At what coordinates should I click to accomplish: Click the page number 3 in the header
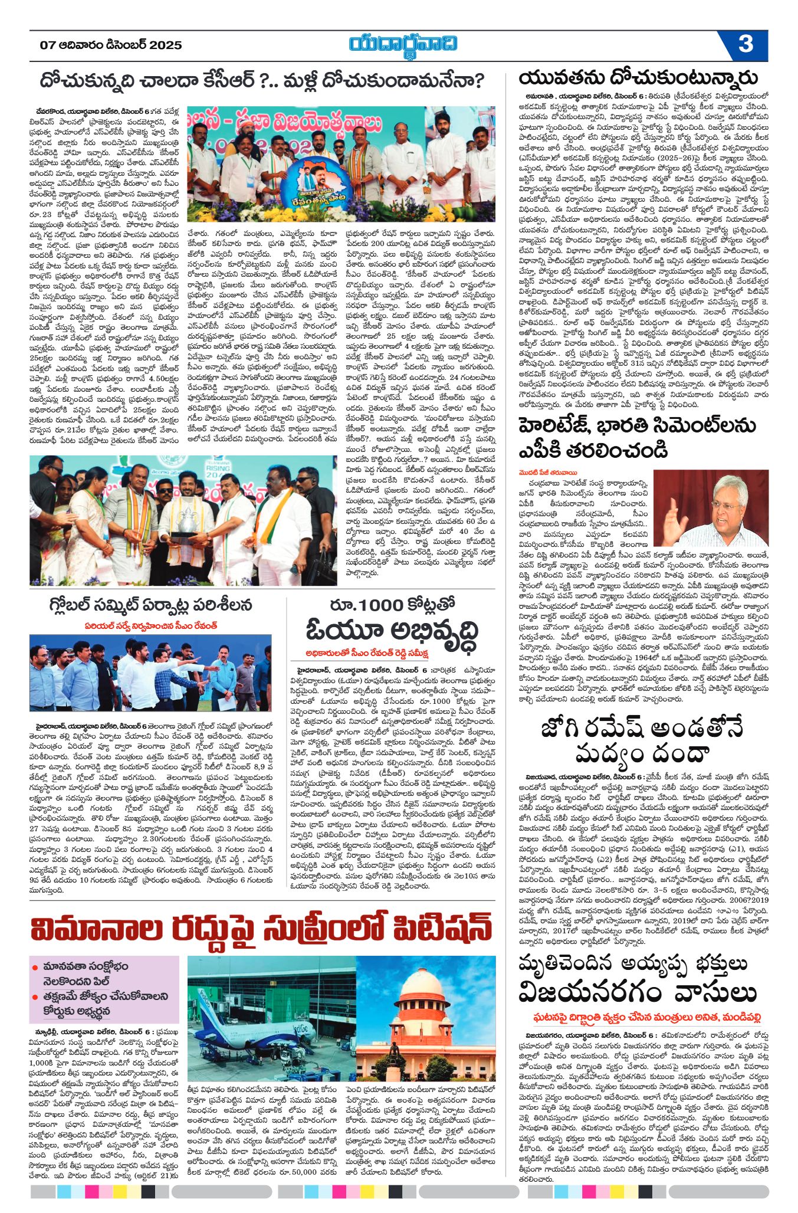pos(746,45)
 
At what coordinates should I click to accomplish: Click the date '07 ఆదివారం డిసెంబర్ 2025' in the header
pos(111,45)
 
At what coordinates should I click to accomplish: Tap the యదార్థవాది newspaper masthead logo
pos(403,45)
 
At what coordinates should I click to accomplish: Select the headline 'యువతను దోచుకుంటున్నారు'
pos(638,78)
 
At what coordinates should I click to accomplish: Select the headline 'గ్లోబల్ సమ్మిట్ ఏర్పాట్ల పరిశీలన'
pos(151,605)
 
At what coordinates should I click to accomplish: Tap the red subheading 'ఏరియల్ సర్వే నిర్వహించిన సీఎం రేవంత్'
pos(150,625)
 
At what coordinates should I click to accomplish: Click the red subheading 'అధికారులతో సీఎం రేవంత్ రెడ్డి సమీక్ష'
pos(367,654)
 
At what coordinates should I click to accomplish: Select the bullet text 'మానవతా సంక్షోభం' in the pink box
pos(85,967)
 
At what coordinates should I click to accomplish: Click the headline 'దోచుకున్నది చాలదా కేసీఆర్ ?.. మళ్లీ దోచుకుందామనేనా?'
pos(262,80)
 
